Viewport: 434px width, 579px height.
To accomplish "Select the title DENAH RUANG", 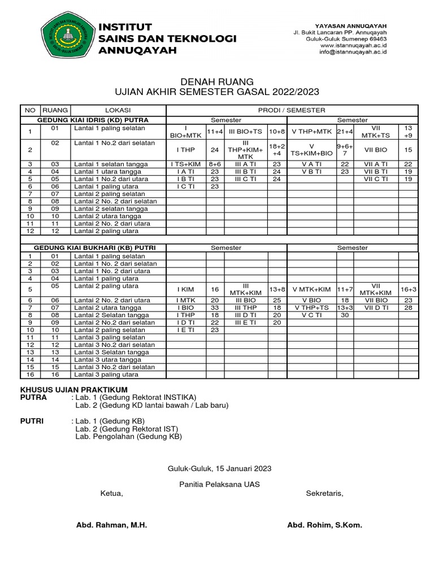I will pos(217,81).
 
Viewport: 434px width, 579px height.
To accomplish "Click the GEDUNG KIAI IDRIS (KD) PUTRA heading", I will pos(93,120).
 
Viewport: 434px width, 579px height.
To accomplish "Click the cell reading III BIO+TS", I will pos(246,131).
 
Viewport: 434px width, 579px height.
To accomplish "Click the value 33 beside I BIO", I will pos(215,307).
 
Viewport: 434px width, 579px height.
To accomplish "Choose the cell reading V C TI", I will pos(311,314).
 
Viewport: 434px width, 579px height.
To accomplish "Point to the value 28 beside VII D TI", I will pos(408,307).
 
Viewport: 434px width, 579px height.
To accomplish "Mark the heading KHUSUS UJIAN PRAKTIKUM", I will pos(74,390).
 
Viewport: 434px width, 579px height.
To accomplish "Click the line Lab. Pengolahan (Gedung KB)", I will pos(129,437).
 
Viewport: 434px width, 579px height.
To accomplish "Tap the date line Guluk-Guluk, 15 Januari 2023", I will pos(219,468).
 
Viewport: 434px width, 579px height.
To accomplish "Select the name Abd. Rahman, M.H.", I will pos(111,525).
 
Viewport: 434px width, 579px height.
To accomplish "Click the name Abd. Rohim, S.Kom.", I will pos(324,525).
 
